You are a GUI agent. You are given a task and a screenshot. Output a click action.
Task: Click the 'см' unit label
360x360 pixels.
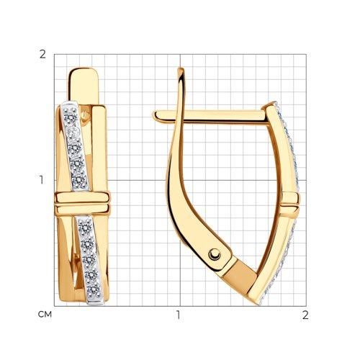click(45, 315)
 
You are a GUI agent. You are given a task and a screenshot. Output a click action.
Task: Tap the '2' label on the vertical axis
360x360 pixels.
click(42, 55)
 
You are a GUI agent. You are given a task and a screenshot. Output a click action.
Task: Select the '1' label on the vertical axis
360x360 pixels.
click(42, 180)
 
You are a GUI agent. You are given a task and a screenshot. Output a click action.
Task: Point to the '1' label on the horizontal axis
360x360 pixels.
click(178, 315)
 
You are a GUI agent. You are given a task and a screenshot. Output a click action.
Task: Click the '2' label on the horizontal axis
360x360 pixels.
click(305, 315)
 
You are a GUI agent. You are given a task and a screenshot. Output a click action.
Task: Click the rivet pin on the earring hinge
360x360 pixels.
click(215, 254)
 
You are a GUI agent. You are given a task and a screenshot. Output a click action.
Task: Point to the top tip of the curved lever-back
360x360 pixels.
click(181, 70)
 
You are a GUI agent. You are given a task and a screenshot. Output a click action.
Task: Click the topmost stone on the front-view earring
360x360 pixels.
click(71, 117)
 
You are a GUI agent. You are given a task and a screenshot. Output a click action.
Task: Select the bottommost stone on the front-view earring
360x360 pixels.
click(94, 290)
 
